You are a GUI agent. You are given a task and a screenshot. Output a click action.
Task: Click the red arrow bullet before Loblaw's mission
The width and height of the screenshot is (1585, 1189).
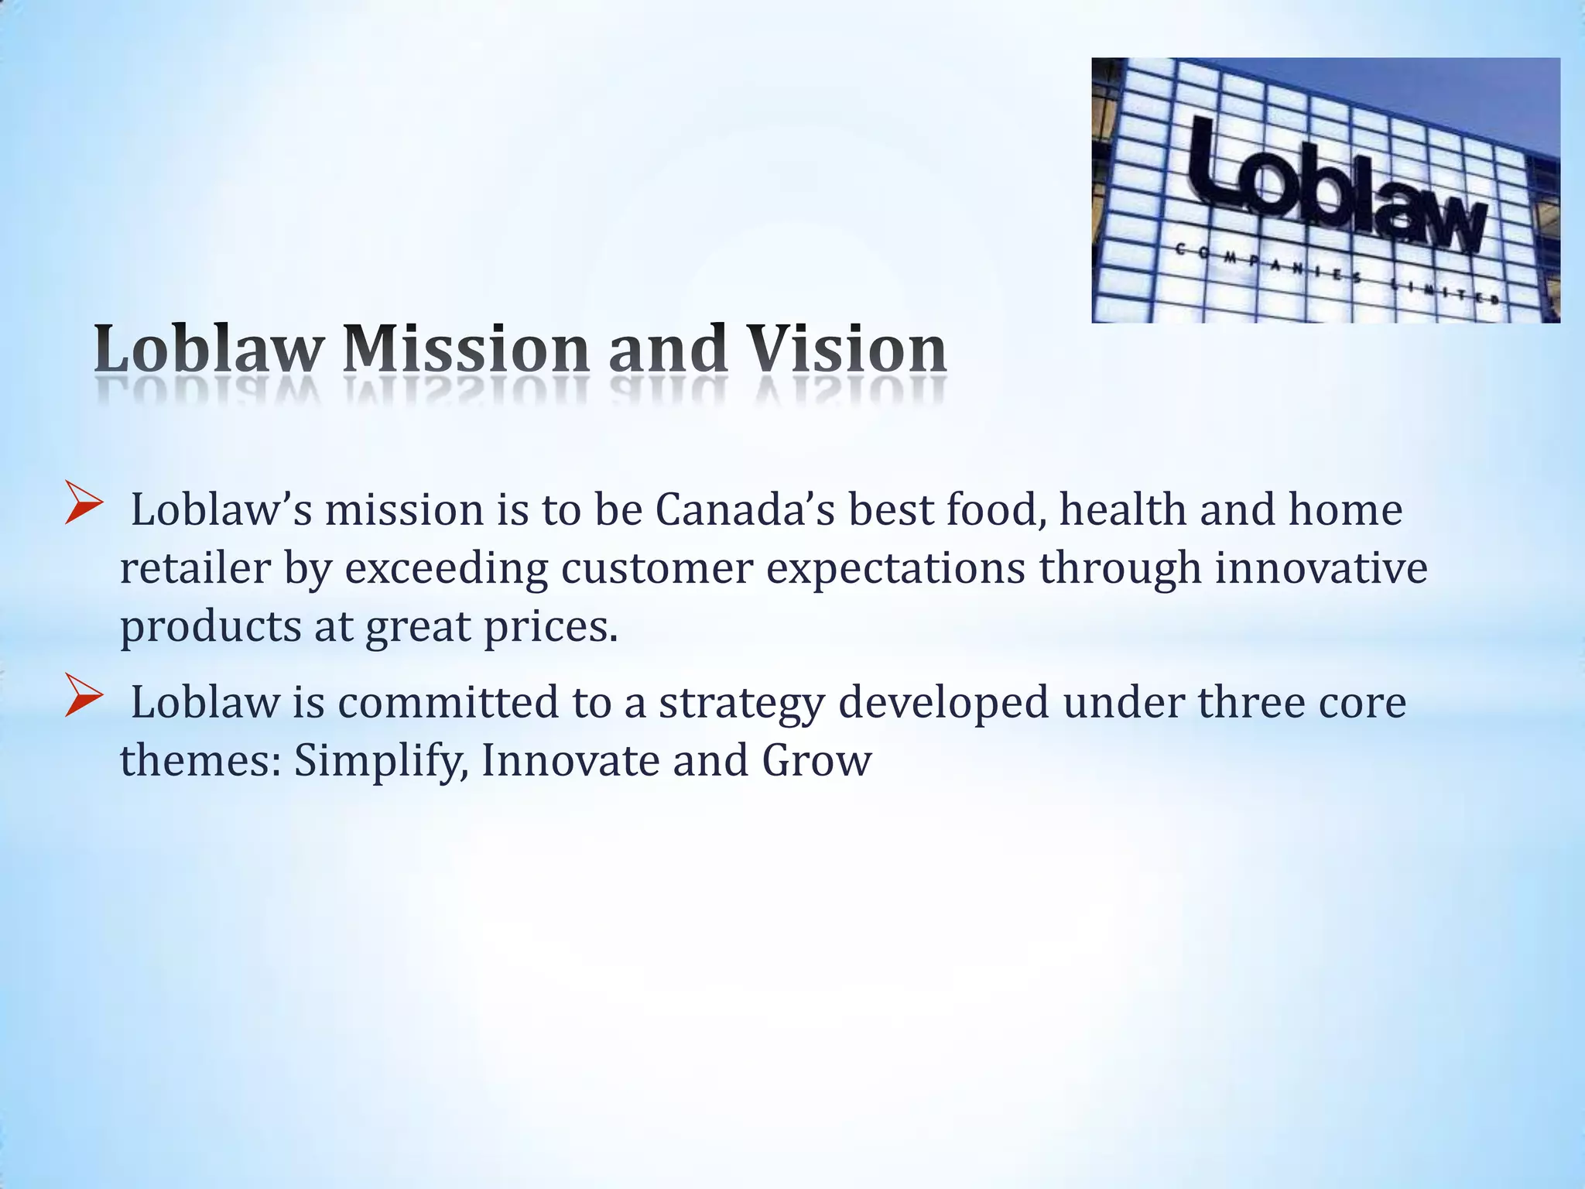pos(83,503)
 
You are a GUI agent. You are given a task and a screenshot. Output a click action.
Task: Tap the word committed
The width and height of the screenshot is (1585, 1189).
pos(447,703)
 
